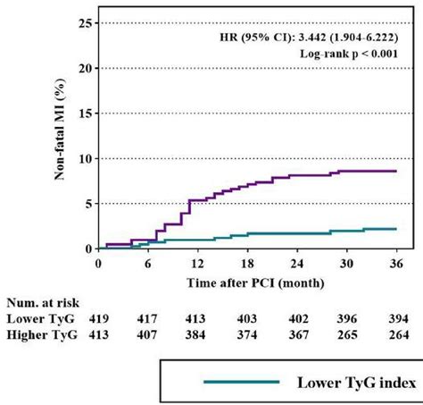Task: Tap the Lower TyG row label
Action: click(x=40, y=318)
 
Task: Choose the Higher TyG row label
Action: click(x=42, y=334)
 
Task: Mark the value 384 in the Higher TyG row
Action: click(x=196, y=334)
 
